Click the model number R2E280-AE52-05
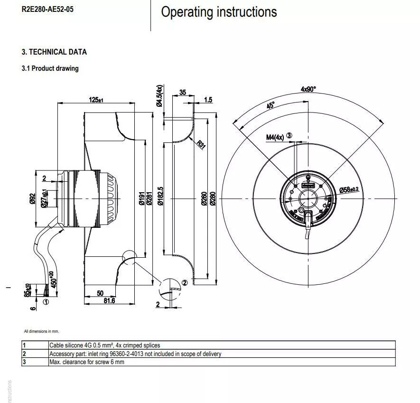click(47, 9)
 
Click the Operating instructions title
click(219, 12)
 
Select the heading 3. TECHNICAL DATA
click(54, 52)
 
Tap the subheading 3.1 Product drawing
click(50, 68)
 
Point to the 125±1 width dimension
click(96, 100)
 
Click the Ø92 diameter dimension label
click(32, 198)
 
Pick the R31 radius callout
click(201, 144)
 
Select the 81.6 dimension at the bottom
click(109, 300)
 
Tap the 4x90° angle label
click(308, 89)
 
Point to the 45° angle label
click(271, 105)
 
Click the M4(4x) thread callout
click(275, 137)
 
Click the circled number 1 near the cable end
click(46, 301)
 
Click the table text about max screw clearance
click(87, 362)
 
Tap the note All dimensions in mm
click(41, 331)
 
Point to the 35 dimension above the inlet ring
click(183, 93)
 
